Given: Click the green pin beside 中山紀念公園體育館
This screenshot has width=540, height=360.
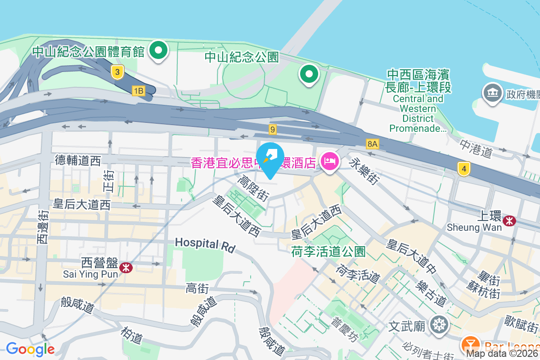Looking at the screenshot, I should pos(158,50).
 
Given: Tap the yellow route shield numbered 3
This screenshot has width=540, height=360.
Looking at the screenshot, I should pos(117,72).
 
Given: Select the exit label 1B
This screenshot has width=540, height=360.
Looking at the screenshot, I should pos(139,91).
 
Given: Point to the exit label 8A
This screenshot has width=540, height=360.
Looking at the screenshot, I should pos(373,144).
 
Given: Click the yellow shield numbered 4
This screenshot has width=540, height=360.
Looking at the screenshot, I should pos(464,169).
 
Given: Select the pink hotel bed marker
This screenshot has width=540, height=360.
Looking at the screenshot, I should pos(330,161).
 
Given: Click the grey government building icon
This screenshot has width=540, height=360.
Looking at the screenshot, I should pos(492,93).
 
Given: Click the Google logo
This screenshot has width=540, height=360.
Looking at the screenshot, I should pos(30,349).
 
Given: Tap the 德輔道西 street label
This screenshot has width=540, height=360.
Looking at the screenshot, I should pos(78,160).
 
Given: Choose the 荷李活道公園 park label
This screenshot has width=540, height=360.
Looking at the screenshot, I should pos(328,251).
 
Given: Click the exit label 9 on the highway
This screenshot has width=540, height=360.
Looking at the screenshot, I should pos(272,130).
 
